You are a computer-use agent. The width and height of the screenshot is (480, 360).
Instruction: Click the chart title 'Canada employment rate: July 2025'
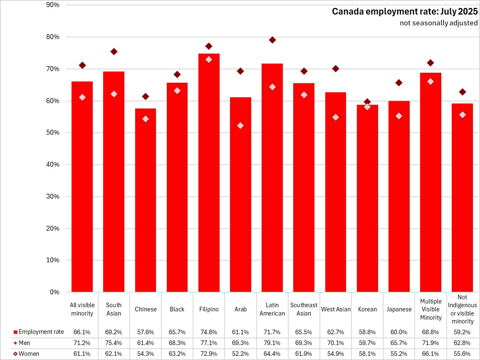coord(404,12)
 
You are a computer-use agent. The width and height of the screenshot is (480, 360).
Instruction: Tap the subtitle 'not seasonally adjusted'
coord(438,23)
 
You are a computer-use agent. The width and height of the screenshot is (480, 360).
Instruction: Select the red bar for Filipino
coord(209,175)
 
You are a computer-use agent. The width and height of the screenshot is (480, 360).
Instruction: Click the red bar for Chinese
coord(146,200)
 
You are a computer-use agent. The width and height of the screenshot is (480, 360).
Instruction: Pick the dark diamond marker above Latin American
coord(272,40)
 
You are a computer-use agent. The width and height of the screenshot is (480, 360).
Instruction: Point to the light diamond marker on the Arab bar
coord(240,126)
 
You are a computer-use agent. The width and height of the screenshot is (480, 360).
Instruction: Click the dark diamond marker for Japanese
coord(399,83)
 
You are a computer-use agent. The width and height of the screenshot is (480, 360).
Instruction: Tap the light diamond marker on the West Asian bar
coord(336,117)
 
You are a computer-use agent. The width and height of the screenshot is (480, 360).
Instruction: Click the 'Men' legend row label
coord(25,343)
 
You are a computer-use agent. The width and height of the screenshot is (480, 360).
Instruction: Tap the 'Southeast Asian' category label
coord(304,309)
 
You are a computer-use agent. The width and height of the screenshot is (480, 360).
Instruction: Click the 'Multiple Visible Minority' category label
coord(431,309)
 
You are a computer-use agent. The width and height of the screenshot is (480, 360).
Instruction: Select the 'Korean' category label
coord(367,309)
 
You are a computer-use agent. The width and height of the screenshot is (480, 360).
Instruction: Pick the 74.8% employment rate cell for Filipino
coord(209,332)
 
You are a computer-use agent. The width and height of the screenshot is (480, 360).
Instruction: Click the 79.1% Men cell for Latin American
coord(272,343)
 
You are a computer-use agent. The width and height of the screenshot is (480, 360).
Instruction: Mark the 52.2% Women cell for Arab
coord(240,354)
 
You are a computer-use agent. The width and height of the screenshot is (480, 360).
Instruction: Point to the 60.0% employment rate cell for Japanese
coord(398,332)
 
